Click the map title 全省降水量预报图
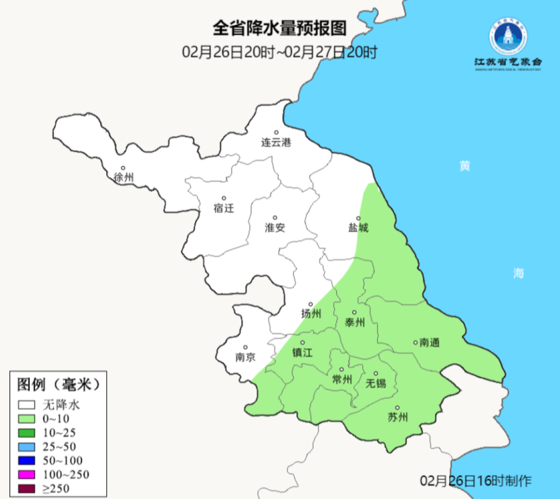279,28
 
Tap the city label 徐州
124,177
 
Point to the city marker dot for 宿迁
223,198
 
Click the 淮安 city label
275,228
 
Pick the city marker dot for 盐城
359,219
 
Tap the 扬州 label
311,314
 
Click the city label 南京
246,357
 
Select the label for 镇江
302,352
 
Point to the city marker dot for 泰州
354,312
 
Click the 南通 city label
429,343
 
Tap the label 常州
341,379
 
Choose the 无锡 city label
376,383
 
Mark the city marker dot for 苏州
397,408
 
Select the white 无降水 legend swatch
27,405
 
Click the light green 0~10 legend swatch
27,419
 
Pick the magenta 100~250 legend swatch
27,475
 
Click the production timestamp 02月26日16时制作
476,481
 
